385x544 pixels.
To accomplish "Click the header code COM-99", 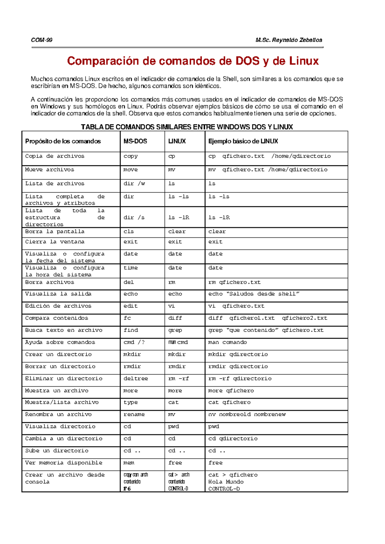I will [42, 40].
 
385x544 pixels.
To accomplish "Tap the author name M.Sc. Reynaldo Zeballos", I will [289, 40].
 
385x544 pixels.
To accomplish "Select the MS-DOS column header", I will [135, 141].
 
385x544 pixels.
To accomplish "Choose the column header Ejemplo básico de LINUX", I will [243, 141].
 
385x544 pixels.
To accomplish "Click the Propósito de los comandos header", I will [63, 141].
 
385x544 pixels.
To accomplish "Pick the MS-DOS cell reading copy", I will [131, 156].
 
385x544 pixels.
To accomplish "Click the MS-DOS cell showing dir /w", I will [134, 184].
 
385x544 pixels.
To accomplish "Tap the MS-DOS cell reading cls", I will [129, 232].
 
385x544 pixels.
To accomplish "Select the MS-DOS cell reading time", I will [131, 268].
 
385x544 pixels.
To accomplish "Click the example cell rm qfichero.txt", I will [234, 282].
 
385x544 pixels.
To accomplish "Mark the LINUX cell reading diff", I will [175, 318].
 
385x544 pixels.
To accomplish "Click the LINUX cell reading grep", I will [175, 330].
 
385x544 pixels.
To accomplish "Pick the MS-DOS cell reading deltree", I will [136, 379].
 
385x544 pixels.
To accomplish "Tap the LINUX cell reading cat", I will [173, 402].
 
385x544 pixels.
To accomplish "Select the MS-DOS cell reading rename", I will [134, 415].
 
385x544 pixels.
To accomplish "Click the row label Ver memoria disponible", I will [64, 463].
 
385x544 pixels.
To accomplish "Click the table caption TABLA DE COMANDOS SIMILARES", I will [187, 127].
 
